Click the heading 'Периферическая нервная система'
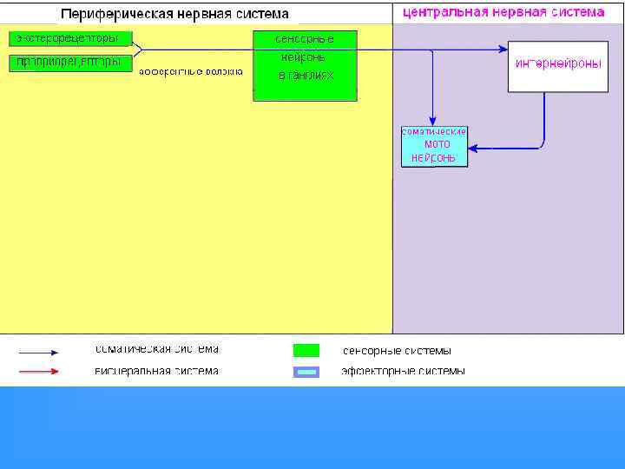174,15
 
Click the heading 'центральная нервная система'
503,13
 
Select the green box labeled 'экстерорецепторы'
70,39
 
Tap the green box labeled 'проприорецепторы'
70,62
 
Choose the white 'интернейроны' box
557,65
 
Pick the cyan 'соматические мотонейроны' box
434,146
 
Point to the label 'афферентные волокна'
190,71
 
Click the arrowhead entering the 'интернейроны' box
503,50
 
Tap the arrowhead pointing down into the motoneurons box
432,121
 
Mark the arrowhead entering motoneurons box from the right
473,148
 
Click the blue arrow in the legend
39,353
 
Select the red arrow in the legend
39,372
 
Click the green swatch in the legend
306,351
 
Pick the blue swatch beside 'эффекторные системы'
306,372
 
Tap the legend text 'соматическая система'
157,350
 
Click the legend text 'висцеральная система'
157,371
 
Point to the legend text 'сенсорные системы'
397,351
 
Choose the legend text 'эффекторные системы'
403,371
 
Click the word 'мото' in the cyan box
437,144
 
